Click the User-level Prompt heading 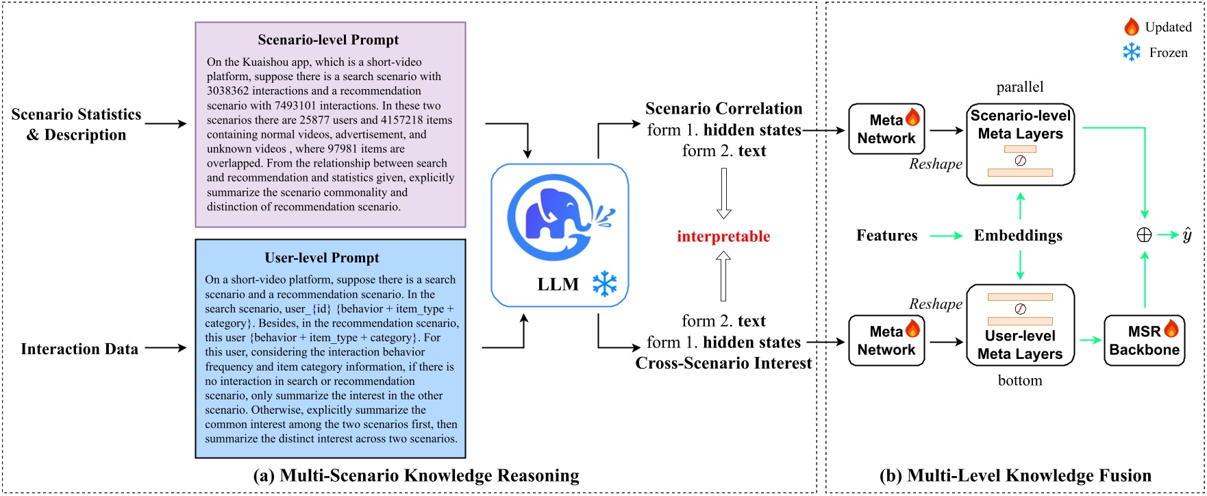coord(322,258)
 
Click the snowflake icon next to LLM coord(604,284)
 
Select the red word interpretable coord(723,236)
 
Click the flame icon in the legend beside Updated coord(1131,27)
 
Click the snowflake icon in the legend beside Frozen coord(1132,52)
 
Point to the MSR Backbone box coord(1144,340)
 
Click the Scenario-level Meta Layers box coord(1020,144)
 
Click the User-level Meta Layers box coord(1020,325)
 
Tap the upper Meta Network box coord(886,129)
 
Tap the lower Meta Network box coord(886,340)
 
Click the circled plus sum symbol coord(1144,235)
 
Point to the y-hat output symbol coord(1187,235)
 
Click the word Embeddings coord(1018,236)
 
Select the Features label coord(886,236)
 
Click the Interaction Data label coord(79,349)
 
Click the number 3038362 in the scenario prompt coord(229,91)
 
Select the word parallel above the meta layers coord(1020,87)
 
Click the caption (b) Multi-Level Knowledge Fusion coord(1015,475)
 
